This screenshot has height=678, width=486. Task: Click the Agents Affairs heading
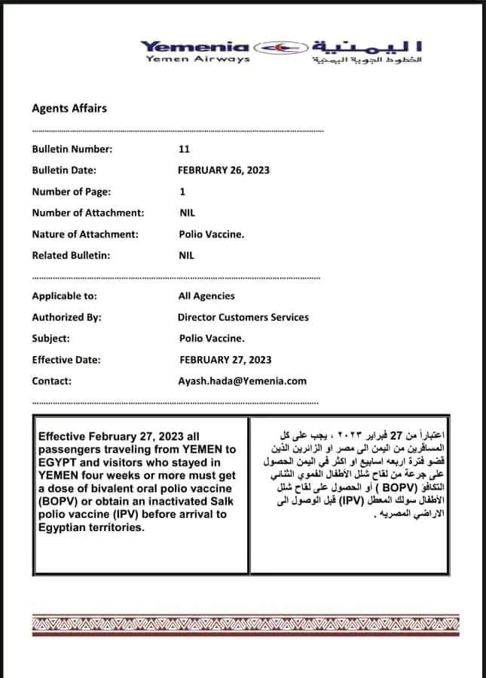pos(69,108)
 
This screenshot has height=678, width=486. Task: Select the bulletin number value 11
pos(185,149)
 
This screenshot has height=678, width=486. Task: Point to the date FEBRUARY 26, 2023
pos(224,170)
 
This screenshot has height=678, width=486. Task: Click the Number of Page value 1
pos(182,192)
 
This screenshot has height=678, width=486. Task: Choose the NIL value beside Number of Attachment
pos(187,213)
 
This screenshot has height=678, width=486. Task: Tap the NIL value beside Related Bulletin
pos(187,255)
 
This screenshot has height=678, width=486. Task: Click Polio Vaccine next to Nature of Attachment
pos(211,234)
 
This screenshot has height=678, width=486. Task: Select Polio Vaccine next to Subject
pos(212,339)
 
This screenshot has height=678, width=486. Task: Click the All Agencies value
pos(206,296)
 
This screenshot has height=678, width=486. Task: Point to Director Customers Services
pos(243,318)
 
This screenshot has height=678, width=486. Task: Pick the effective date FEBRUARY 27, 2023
pos(226,360)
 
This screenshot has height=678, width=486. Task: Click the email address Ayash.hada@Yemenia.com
pos(243,381)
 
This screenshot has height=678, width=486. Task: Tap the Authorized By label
pos(66,318)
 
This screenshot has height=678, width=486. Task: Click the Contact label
pos(51,381)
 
